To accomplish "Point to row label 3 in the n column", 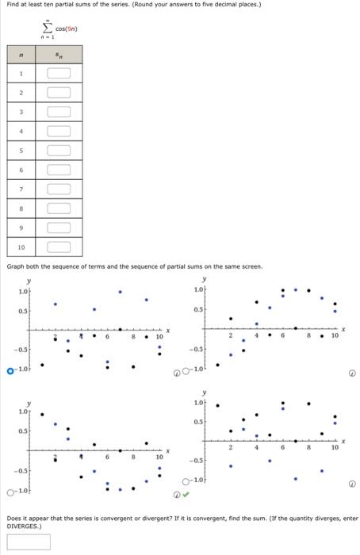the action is point(21,112).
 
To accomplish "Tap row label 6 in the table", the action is point(21,170).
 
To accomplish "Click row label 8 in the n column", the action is point(21,209).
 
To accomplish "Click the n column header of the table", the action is point(21,55).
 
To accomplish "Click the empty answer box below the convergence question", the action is point(28,541).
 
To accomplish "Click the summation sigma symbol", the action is point(47,27).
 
